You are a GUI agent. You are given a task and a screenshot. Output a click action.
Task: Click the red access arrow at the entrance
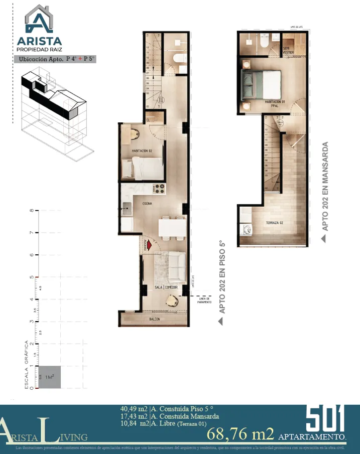pyautogui.click(x=149, y=245)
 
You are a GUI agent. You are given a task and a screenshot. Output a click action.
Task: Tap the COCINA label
pyautogui.click(x=148, y=204)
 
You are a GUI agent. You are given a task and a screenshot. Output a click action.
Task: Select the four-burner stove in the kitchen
pyautogui.click(x=159, y=189)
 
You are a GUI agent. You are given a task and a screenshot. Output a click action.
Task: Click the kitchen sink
pyautogui.click(x=125, y=205)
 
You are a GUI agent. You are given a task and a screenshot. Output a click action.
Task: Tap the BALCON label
pyautogui.click(x=154, y=319)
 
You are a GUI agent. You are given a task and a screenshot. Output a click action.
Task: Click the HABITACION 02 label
pyautogui.click(x=142, y=150)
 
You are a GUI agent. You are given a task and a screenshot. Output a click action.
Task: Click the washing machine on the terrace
pyautogui.click(x=247, y=230)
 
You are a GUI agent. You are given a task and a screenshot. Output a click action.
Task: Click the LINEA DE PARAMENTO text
pyautogui.click(x=204, y=300)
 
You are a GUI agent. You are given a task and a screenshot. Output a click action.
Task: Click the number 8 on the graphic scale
pyautogui.click(x=31, y=211)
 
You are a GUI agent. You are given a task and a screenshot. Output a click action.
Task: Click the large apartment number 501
pyautogui.click(x=325, y=418)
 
